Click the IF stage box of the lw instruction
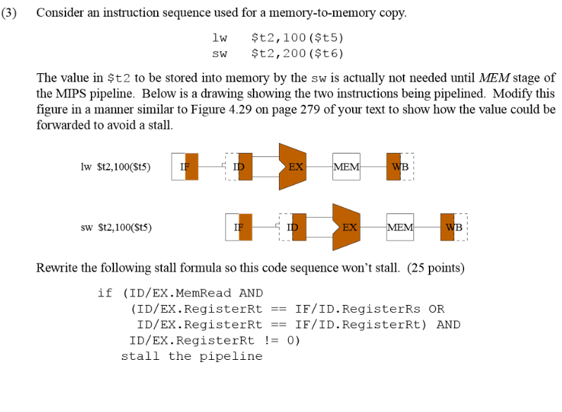pyautogui.click(x=185, y=167)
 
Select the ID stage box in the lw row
pyautogui.click(x=239, y=167)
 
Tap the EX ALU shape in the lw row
pyautogui.click(x=294, y=167)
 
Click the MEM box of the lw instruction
pyautogui.click(x=346, y=167)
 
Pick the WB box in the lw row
pyautogui.click(x=399, y=167)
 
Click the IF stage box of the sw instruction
pyautogui.click(x=239, y=227)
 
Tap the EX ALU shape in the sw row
pyautogui.click(x=347, y=227)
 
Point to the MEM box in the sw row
pyautogui.click(x=400, y=227)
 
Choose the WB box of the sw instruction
pyautogui.click(x=453, y=227)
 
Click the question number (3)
pyautogui.click(x=11, y=13)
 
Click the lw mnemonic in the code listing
pyautogui.click(x=219, y=37)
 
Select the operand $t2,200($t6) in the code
pyautogui.click(x=297, y=53)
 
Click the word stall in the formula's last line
pyautogui.click(x=142, y=356)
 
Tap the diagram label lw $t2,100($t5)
pyautogui.click(x=115, y=167)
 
